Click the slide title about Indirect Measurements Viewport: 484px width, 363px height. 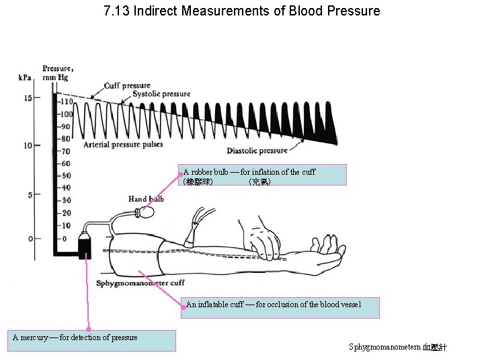242,11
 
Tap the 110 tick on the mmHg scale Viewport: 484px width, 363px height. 67,102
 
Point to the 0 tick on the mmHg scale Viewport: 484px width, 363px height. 64,239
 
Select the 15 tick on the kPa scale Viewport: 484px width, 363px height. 28,98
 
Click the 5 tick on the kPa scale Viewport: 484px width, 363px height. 30,196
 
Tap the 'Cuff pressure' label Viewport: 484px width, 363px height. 127,85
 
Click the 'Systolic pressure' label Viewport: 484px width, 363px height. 161,94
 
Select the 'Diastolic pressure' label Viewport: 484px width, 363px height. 257,151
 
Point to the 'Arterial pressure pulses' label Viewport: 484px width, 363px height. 123,145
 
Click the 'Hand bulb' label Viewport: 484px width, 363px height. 146,199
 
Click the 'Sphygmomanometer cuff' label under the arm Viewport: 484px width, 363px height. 140,283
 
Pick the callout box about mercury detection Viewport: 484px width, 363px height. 91,340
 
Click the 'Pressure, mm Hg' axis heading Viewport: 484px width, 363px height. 58,72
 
